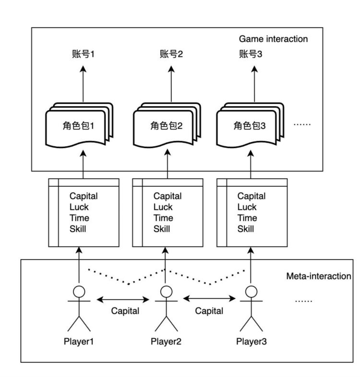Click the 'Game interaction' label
[x=273, y=38]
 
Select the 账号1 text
[x=81, y=54]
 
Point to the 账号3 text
[x=251, y=54]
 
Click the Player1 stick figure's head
[x=79, y=291]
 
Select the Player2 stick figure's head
[x=166, y=291]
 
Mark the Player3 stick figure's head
[x=250, y=291]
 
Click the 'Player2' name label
[x=166, y=342]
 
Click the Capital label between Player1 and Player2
[x=125, y=311]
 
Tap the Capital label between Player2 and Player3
[x=209, y=311]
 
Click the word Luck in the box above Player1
[x=79, y=207]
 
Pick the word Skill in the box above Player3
[x=246, y=229]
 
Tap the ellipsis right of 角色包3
[x=302, y=125]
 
